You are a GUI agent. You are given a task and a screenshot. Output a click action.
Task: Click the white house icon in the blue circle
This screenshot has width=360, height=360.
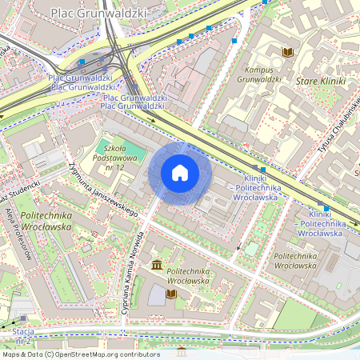pyautogui.click(x=180, y=172)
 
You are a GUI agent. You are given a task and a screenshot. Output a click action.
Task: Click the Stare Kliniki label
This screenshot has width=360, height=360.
pyautogui.click(x=320, y=82)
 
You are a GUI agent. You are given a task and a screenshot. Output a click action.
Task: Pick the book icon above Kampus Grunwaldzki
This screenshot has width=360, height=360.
pyautogui.click(x=288, y=53)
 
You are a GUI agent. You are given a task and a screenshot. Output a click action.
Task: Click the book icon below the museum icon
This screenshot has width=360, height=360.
pyautogui.click(x=170, y=294)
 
